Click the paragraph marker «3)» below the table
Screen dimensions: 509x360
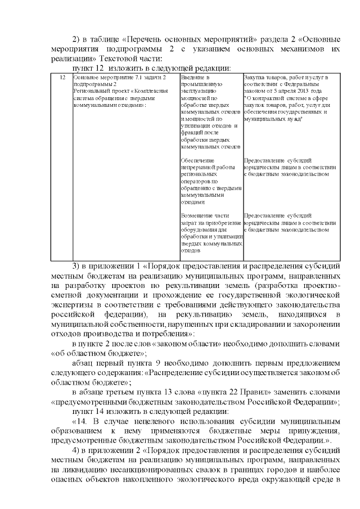click(x=78, y=265)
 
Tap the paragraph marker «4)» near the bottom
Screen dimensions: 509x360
click(x=78, y=451)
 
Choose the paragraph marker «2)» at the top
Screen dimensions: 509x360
click(x=78, y=39)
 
